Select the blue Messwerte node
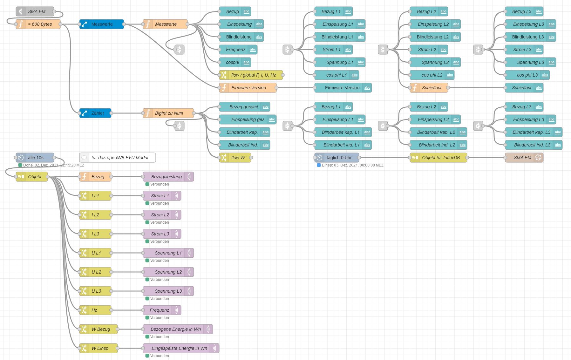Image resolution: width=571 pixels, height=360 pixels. pos(102,24)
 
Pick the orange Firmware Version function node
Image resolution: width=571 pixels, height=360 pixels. pos(248,88)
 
